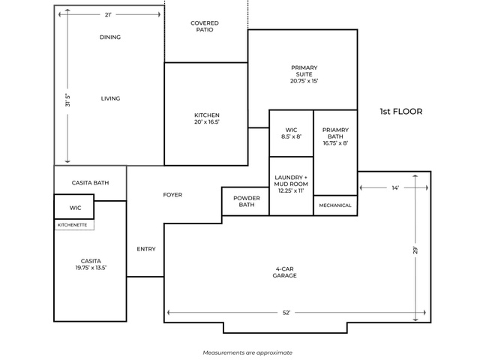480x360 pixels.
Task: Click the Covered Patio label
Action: pos(205,26)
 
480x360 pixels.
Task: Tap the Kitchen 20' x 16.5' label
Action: pos(207,118)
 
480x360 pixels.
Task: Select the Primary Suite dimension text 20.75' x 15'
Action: pos(304,81)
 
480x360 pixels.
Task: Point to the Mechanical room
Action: pos(335,205)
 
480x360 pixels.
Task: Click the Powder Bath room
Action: pos(245,202)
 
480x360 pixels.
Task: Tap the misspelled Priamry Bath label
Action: pos(335,133)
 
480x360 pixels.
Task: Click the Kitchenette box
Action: pos(74,225)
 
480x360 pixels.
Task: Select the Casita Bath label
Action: pos(90,183)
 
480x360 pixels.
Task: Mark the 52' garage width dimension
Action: pos(286,313)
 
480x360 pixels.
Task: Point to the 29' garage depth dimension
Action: pos(415,250)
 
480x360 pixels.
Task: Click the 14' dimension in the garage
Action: pos(395,187)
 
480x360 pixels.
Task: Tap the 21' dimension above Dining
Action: pos(108,15)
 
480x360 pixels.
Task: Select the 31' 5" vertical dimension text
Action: pos(67,100)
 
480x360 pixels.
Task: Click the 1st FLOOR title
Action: pos(401,112)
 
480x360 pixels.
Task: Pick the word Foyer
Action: pos(172,195)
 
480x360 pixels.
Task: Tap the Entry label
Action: pos(146,249)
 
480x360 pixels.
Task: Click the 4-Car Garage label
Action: pos(285,272)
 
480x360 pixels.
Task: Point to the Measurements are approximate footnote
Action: pos(247,352)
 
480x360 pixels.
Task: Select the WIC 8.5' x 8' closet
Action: pos(292,133)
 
